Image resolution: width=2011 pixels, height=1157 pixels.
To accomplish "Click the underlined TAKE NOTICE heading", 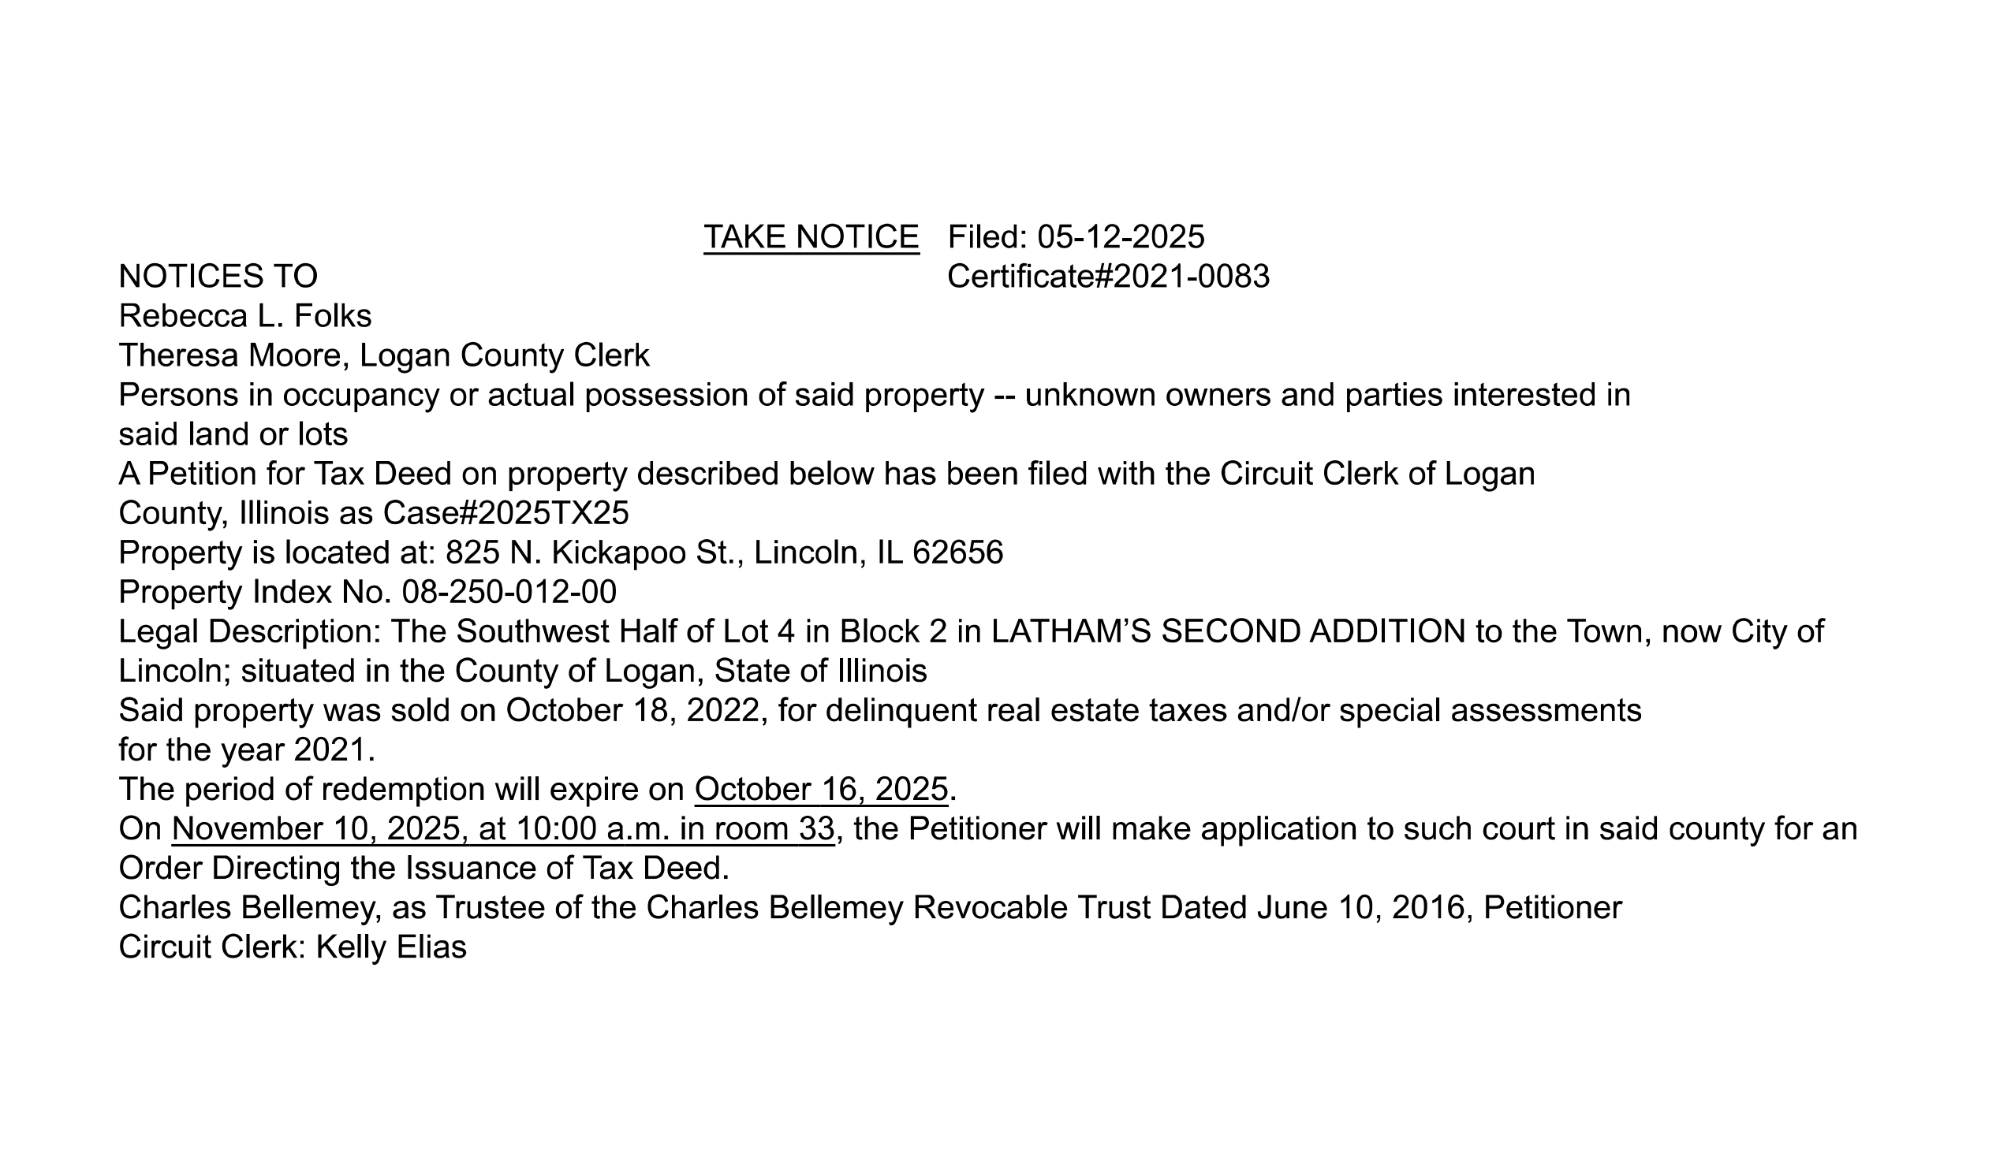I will (x=811, y=236).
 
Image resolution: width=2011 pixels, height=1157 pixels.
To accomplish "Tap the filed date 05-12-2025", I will (x=1121, y=236).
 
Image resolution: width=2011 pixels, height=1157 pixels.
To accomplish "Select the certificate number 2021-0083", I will (x=1192, y=277).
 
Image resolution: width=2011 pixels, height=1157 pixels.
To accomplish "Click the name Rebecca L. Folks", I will (x=244, y=316).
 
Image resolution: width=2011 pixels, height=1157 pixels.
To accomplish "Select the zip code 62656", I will (x=958, y=552).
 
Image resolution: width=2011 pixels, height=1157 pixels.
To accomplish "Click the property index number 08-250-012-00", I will (x=509, y=592).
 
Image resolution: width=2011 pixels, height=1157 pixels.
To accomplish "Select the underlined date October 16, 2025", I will (x=821, y=789).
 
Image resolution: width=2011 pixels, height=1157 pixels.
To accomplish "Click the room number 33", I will (x=816, y=829).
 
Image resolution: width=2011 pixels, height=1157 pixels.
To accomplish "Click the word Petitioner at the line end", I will (x=1552, y=907).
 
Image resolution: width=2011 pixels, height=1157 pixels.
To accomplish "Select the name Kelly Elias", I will (x=391, y=947).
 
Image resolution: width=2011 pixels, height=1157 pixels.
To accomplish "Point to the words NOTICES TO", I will (x=218, y=277).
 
